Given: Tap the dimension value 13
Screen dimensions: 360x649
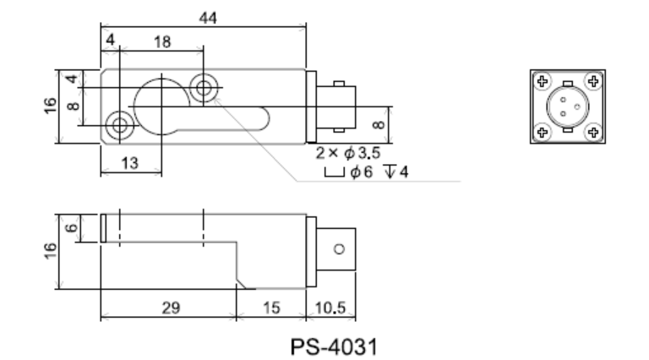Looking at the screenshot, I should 129,164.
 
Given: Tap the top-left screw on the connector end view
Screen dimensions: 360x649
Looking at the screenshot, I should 543,82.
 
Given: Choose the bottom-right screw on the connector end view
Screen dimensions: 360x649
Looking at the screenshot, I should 594,132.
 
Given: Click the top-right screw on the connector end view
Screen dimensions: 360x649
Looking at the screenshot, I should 594,82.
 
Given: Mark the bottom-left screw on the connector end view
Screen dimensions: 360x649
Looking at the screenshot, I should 543,132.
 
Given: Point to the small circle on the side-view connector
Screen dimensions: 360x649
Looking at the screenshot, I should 340,249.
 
